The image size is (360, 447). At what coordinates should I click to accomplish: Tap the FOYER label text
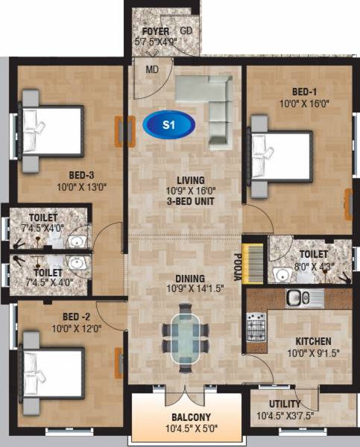[151, 31]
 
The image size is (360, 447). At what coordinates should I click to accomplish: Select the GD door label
[186, 31]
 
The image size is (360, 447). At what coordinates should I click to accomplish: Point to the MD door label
[152, 71]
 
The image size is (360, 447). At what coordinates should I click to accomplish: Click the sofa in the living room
[209, 104]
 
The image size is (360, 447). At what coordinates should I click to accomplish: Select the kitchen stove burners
[256, 326]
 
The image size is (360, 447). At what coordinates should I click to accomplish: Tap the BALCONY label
[186, 416]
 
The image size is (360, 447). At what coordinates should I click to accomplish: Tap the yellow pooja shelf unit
[254, 261]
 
